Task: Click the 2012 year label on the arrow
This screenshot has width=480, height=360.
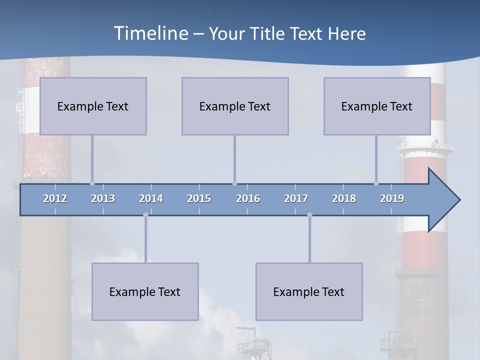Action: point(55,198)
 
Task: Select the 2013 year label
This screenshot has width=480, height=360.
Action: point(103,198)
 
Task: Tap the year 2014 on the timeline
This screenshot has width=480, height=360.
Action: point(151,198)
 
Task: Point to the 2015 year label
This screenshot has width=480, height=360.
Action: point(199,198)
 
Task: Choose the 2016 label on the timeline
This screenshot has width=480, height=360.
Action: point(248,198)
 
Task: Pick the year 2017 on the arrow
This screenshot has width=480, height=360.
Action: point(296,198)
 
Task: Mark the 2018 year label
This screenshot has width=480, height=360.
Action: point(344,198)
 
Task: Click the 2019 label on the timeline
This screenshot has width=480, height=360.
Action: point(392,198)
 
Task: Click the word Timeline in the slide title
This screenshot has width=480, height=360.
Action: point(150,33)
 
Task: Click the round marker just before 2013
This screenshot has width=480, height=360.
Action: point(92,183)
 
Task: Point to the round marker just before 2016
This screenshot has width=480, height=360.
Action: point(234,183)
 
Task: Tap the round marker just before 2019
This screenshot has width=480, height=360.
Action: point(376,183)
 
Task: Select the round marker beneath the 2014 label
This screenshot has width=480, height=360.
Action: point(145,215)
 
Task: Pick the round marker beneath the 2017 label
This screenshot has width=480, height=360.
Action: point(309,215)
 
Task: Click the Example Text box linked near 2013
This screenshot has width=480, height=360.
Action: point(93,106)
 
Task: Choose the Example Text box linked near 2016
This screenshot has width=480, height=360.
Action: point(235,106)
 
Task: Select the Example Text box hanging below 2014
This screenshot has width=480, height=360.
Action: point(145,291)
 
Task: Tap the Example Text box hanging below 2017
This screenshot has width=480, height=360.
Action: point(309,291)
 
